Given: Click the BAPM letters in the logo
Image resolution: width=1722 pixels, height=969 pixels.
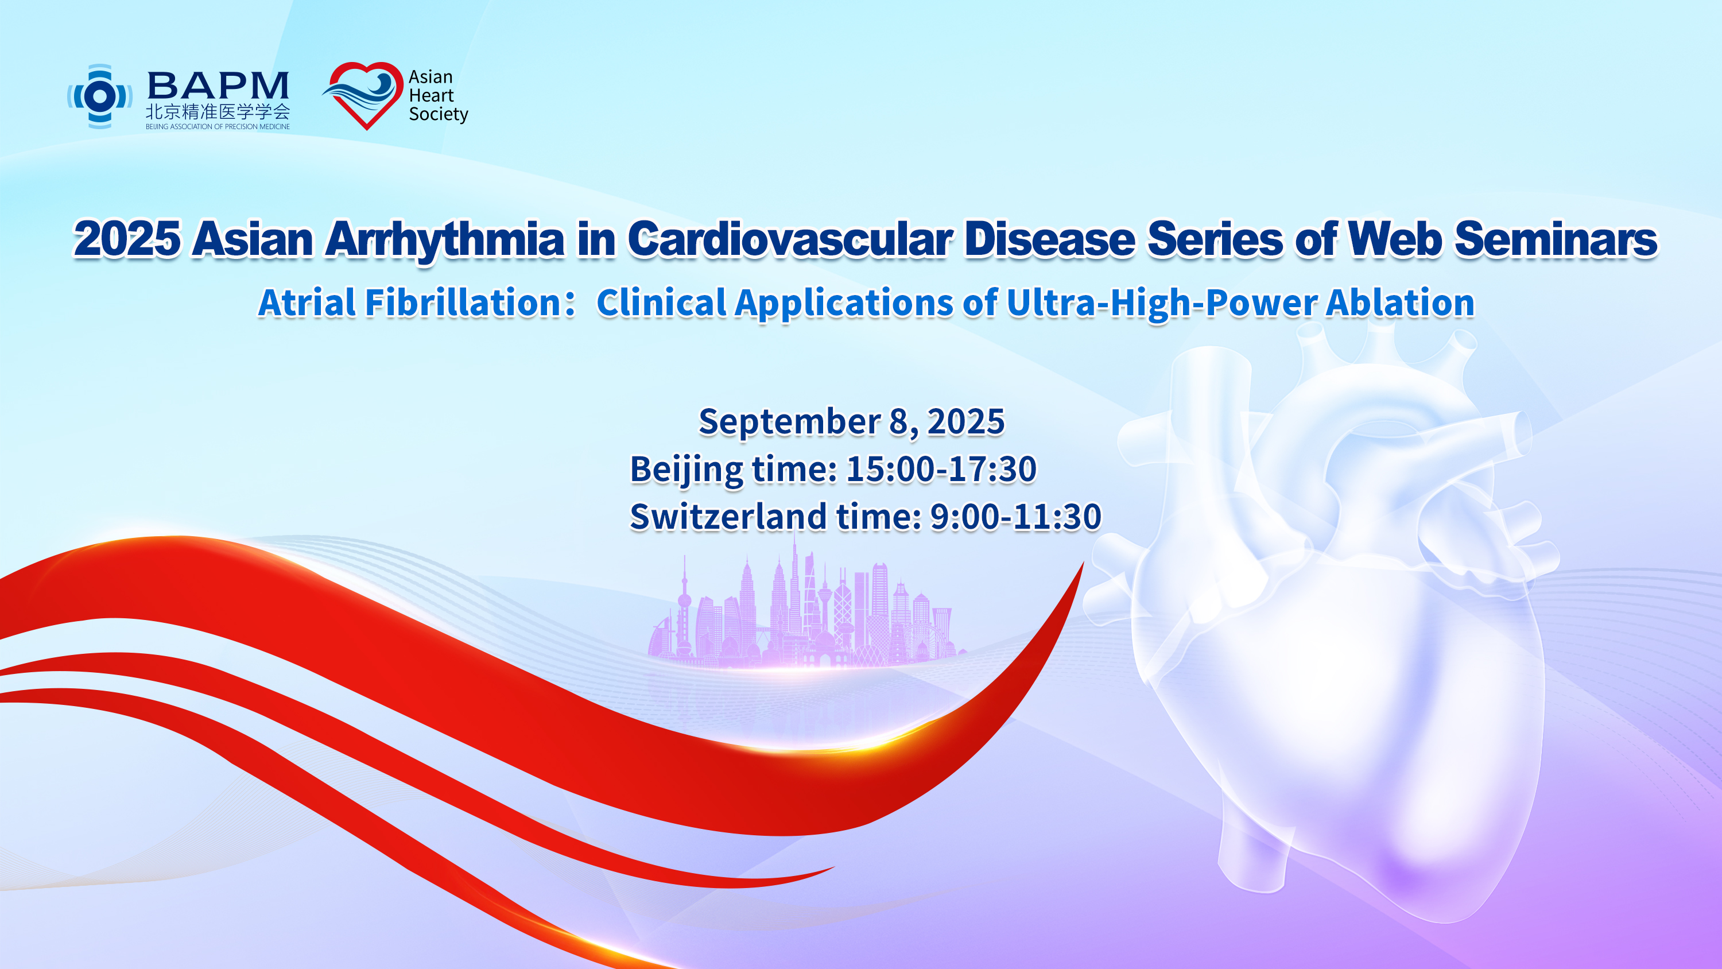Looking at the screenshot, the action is pyautogui.click(x=218, y=86).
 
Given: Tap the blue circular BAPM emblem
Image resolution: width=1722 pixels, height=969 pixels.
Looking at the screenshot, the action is pyautogui.click(x=100, y=96).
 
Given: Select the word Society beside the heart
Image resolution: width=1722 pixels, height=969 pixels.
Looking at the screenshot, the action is pyautogui.click(x=439, y=114).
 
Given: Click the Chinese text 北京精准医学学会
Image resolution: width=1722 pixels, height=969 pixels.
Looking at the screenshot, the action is pyautogui.click(x=218, y=112).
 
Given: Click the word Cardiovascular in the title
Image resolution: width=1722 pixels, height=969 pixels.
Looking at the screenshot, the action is pyautogui.click(x=790, y=239).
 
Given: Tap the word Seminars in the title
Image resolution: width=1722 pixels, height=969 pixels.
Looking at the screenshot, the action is pyautogui.click(x=1556, y=239).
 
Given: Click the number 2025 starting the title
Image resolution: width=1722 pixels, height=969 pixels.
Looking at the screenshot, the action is pyautogui.click(x=127, y=239).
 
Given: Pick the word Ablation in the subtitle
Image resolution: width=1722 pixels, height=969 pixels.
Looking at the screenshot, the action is pyautogui.click(x=1401, y=303).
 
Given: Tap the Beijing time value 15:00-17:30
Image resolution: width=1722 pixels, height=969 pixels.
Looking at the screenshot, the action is pyautogui.click(x=941, y=469).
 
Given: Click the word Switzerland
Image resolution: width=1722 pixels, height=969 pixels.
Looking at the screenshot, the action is pyautogui.click(x=728, y=516).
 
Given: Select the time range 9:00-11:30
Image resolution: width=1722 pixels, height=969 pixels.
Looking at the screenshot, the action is pyautogui.click(x=1015, y=516).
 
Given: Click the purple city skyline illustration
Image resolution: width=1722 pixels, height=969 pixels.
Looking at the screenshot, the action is pyautogui.click(x=805, y=612).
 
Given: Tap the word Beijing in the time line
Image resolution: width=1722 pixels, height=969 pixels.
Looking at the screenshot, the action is pyautogui.click(x=687, y=470).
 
